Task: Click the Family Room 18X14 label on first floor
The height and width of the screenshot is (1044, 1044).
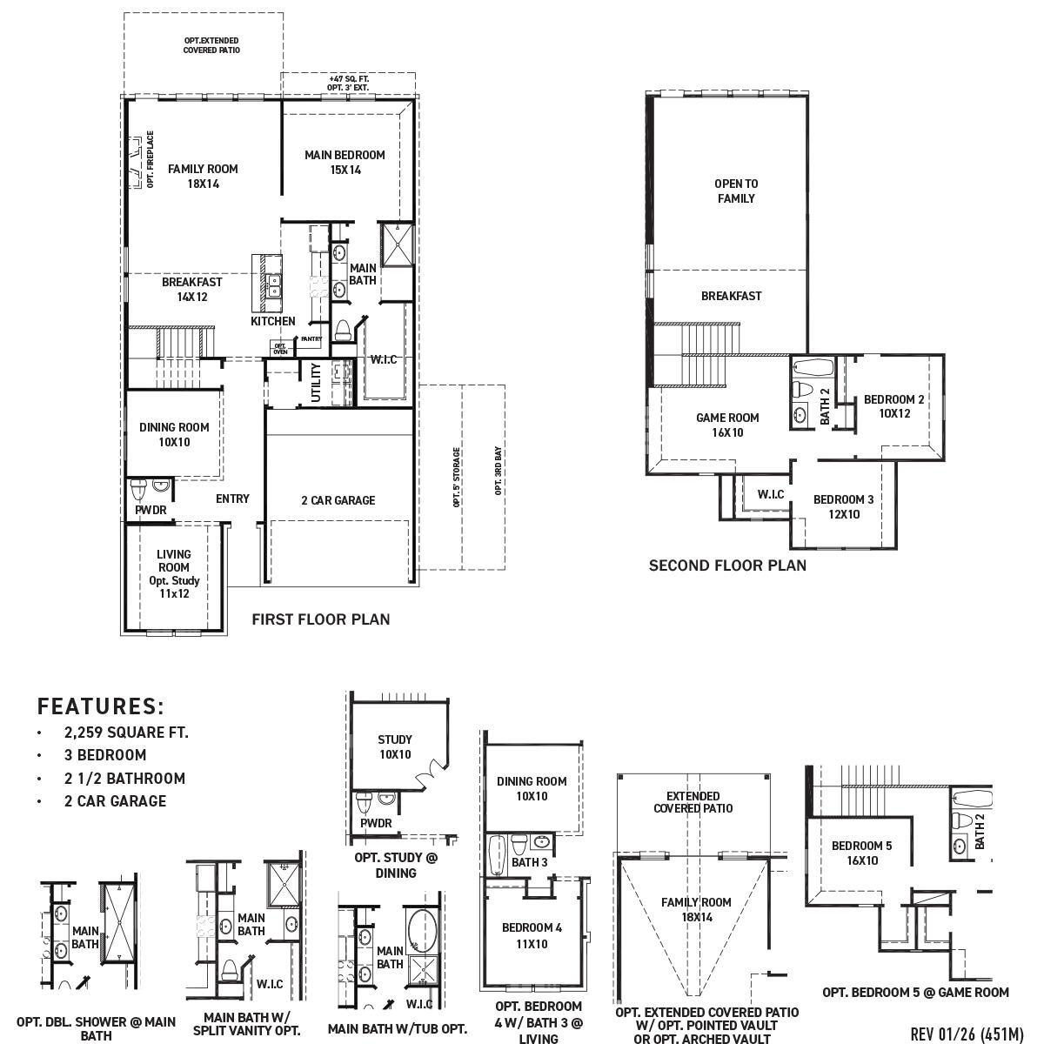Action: click(203, 177)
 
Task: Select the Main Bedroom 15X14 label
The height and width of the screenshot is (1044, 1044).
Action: click(345, 163)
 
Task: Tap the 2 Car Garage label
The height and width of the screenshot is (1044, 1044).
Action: click(338, 500)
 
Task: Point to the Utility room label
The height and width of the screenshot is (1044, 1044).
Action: click(316, 384)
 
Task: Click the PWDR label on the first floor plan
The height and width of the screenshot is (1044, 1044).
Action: click(151, 510)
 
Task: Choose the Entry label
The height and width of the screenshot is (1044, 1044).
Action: click(232, 499)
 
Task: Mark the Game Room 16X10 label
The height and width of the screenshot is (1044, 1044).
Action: click(727, 425)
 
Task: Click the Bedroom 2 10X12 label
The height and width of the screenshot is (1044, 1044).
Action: click(893, 406)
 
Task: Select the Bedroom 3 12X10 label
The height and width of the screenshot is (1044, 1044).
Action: click(843, 506)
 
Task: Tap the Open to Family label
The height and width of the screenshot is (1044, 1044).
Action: click(736, 191)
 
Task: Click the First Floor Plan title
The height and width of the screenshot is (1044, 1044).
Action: click(320, 619)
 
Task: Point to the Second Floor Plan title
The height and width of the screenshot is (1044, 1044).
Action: click(727, 565)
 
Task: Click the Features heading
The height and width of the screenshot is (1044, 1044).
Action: click(101, 706)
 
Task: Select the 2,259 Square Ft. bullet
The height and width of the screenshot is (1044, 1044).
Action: click(126, 733)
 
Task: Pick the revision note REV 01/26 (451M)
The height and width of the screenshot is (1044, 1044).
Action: click(967, 1034)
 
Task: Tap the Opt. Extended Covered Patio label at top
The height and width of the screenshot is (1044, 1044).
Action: click(211, 45)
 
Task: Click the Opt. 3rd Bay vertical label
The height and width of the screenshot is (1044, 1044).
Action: click(499, 472)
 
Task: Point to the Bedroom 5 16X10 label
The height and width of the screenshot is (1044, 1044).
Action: click(861, 853)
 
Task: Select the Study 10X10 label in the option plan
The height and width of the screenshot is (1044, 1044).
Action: click(395, 746)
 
